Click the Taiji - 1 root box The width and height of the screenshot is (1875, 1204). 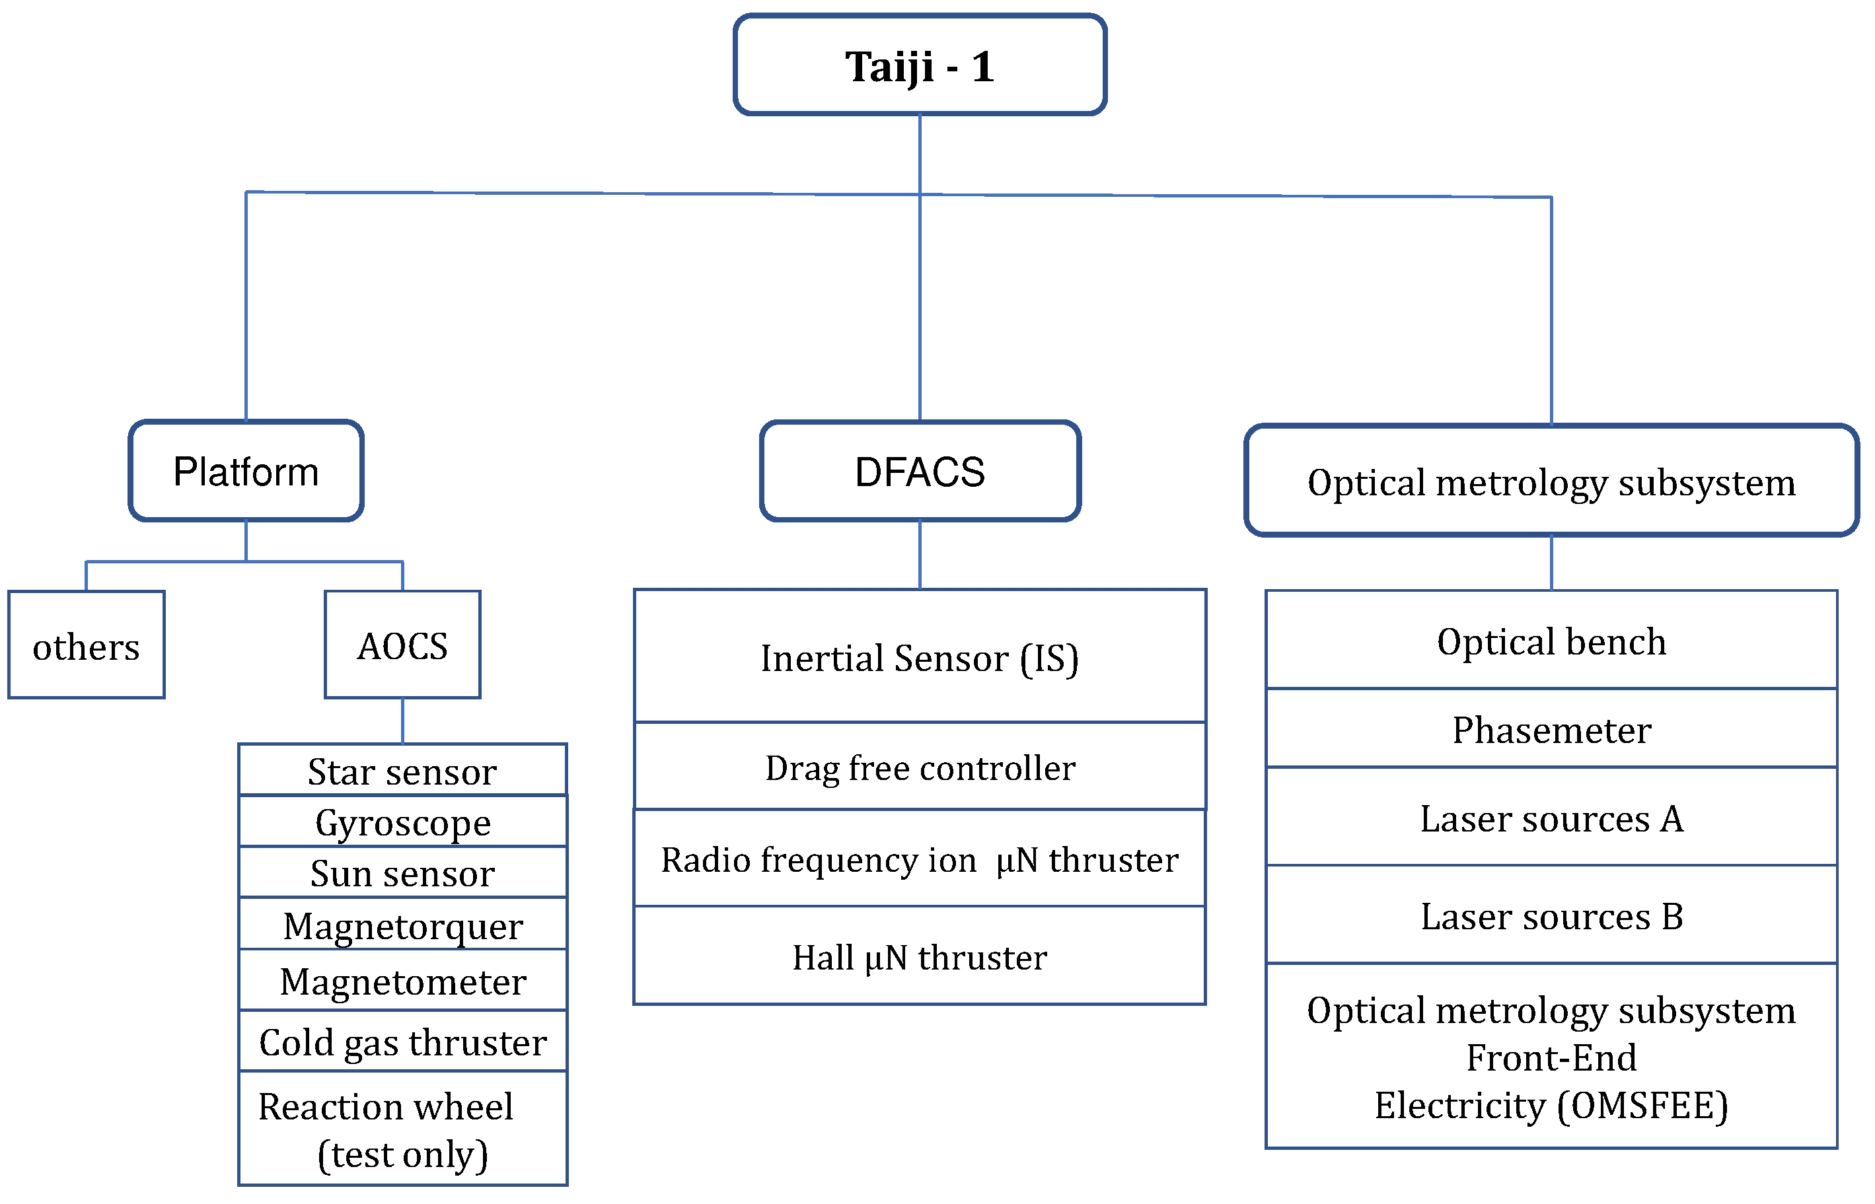(920, 65)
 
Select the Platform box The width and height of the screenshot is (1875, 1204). (246, 472)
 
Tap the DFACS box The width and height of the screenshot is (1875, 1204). (920, 472)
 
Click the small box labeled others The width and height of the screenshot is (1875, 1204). (86, 646)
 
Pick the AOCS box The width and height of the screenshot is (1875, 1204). (402, 646)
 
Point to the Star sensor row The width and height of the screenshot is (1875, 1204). (402, 771)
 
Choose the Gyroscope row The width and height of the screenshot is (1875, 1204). (402, 822)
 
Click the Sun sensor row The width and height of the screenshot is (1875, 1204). (402, 873)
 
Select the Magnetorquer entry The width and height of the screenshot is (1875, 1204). (402, 926)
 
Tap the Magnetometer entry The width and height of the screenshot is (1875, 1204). (402, 981)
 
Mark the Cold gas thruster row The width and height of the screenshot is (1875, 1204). (402, 1042)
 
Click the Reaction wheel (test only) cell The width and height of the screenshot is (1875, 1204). (402, 1130)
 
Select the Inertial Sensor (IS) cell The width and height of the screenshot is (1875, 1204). (920, 658)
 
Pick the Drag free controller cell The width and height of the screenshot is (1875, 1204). (920, 767)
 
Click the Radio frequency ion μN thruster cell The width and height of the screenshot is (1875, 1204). (920, 859)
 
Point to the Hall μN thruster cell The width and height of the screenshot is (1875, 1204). (920, 957)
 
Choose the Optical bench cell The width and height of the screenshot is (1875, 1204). (1551, 641)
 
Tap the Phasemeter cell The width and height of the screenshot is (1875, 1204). (1551, 729)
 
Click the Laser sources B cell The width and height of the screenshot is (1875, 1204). (1551, 915)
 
